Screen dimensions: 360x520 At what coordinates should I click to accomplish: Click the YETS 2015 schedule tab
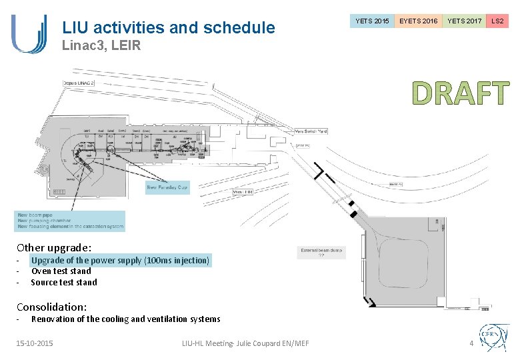[x=372, y=21]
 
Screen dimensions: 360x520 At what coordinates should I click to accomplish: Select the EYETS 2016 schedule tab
[x=418, y=21]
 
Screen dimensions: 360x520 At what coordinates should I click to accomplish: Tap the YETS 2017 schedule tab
[x=464, y=21]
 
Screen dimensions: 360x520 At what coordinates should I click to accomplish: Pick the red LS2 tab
[x=497, y=21]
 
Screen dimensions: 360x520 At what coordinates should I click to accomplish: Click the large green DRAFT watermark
[x=460, y=94]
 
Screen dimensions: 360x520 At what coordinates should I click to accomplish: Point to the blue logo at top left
[x=29, y=33]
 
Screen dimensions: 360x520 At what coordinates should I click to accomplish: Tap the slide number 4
[x=471, y=343]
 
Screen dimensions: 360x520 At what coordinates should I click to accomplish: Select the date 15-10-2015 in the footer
[x=35, y=343]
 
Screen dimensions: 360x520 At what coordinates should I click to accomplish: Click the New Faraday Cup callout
[x=167, y=188]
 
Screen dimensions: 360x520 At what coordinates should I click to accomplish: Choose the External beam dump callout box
[x=321, y=253]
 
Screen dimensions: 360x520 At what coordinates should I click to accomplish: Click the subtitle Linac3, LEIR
[x=101, y=47]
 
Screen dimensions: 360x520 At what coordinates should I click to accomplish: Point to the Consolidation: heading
[x=51, y=307]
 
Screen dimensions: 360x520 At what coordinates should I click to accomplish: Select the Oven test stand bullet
[x=61, y=271]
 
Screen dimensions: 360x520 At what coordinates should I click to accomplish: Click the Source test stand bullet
[x=64, y=282]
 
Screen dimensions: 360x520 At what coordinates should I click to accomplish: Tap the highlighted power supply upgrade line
[x=120, y=261]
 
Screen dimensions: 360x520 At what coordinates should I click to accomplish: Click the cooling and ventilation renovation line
[x=125, y=319]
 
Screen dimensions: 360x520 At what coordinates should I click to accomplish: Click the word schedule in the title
[x=241, y=27]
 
